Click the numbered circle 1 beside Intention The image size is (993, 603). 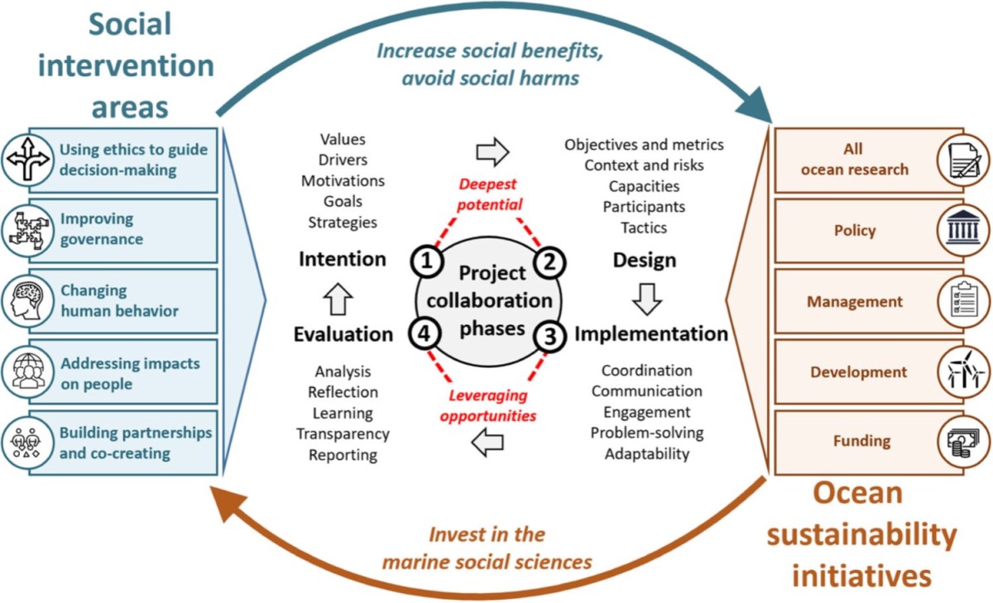tap(425, 262)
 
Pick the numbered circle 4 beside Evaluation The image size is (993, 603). tap(425, 334)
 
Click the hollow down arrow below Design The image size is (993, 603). tap(647, 298)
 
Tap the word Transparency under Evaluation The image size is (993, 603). tap(343, 433)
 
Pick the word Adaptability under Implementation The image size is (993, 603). tap(646, 453)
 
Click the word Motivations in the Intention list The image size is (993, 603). tap(343, 180)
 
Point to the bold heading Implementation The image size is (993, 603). tap(651, 334)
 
